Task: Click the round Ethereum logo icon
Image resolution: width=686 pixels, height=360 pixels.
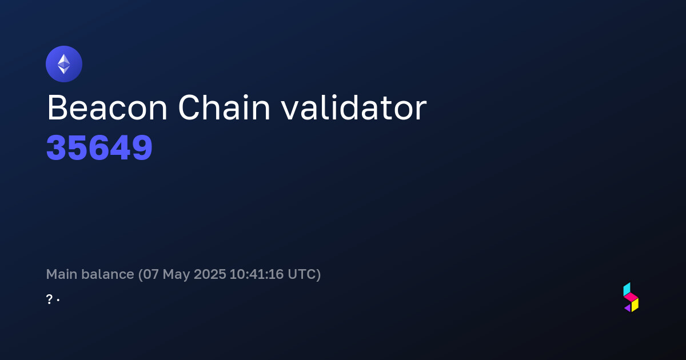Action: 64,64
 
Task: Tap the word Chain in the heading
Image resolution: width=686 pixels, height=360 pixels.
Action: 224,107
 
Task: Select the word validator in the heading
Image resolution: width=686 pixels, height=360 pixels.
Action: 354,107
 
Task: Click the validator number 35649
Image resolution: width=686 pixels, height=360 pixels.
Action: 99,148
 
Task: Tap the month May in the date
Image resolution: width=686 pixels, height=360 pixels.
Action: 177,275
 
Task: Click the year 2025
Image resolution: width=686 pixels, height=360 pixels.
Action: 210,274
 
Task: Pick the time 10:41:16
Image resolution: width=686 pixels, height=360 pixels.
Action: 257,274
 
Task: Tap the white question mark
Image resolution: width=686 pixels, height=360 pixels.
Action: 49,299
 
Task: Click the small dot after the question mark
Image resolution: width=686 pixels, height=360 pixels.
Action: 58,300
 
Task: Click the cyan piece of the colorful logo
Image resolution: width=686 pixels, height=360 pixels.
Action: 627,289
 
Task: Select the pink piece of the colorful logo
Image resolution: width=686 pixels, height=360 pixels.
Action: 631,297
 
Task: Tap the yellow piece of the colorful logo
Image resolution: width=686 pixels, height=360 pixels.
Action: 635,305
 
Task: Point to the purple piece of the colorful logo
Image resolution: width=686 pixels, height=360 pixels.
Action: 628,308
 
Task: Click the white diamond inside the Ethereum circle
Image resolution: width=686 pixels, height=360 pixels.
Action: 64,64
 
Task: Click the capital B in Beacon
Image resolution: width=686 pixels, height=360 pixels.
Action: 57,108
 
